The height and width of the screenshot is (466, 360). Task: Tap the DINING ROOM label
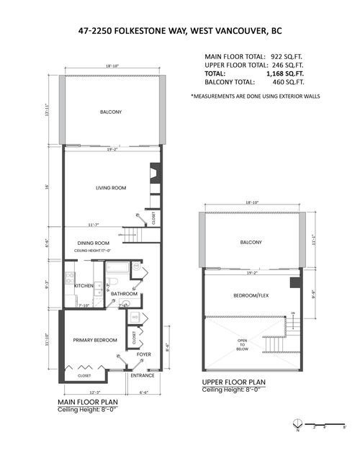(x=94, y=243)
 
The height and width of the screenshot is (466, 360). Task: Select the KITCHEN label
(x=84, y=286)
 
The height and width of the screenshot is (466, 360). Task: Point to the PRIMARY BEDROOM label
(x=95, y=339)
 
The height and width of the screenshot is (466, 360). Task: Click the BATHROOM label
(x=124, y=294)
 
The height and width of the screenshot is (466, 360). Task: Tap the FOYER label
(x=144, y=354)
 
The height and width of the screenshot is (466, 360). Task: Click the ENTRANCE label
(x=141, y=375)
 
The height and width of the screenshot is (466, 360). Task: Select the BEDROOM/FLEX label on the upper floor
(x=247, y=296)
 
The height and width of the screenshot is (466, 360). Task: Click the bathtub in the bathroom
(x=117, y=269)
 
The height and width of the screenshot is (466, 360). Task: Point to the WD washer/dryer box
(x=135, y=317)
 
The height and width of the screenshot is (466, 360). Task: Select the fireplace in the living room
(x=153, y=175)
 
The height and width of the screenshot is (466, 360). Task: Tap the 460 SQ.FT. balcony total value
(x=286, y=83)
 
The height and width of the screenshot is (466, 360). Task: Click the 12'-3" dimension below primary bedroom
(x=85, y=392)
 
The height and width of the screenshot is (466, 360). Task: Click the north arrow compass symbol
(x=299, y=428)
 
